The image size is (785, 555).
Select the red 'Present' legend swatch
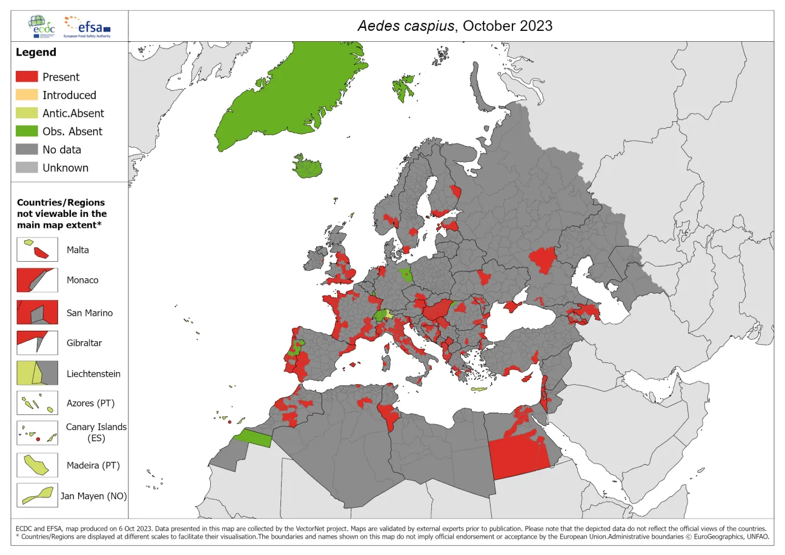point(26,77)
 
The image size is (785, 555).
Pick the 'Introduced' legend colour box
point(26,95)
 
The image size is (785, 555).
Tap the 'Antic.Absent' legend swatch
point(26,113)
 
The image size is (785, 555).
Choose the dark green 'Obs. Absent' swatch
point(26,131)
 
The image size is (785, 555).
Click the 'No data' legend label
point(62,150)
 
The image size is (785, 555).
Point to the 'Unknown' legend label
point(65,168)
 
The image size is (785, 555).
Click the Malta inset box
point(37,250)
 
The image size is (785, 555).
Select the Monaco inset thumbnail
point(37,281)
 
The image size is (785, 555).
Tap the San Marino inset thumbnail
point(37,313)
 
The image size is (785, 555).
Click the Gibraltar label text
point(84,343)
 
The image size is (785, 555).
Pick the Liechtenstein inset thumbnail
point(37,373)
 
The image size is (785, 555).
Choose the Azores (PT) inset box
point(37,403)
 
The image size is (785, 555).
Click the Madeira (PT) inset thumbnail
point(37,465)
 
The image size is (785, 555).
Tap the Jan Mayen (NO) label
point(94,496)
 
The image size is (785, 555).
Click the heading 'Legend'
point(36,52)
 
